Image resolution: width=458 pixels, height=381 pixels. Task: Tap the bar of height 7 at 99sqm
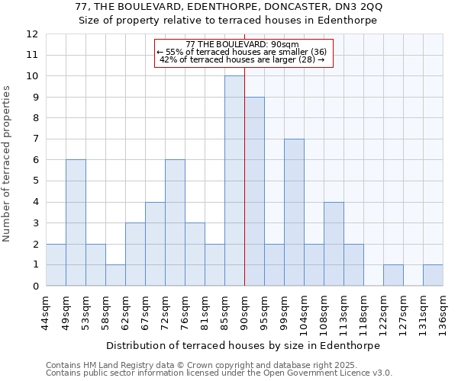[294, 213]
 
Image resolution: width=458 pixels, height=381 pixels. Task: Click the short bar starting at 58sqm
[115, 275]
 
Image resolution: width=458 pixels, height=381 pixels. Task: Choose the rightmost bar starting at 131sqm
[433, 275]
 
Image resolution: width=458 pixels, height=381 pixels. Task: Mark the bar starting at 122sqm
[393, 275]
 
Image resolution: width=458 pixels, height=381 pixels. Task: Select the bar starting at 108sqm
[334, 244]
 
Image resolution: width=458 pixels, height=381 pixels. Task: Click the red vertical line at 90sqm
[244, 190]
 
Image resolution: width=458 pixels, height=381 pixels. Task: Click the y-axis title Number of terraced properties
[8, 164]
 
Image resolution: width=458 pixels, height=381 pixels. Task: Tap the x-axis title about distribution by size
[243, 345]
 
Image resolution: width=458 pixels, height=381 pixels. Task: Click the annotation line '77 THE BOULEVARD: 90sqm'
[244, 44]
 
